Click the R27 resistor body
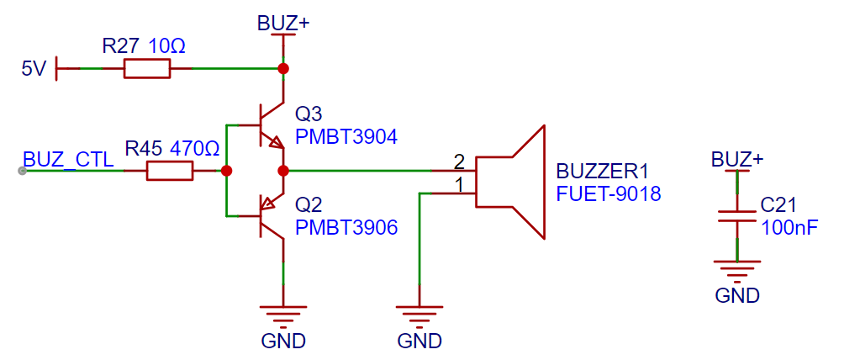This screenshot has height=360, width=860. (x=147, y=69)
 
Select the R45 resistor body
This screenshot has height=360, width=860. (x=170, y=172)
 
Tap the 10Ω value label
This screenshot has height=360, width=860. (x=166, y=46)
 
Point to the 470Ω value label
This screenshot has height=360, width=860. (x=195, y=148)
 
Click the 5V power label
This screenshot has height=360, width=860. (x=34, y=70)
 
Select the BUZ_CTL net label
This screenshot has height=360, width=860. (x=68, y=160)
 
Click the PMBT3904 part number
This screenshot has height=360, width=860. (x=346, y=136)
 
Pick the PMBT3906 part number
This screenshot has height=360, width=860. (x=346, y=227)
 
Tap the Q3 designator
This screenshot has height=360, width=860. (x=309, y=115)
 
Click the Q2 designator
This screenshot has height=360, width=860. (x=309, y=206)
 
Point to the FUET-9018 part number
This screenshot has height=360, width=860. (x=609, y=193)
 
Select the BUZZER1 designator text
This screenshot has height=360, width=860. (x=602, y=172)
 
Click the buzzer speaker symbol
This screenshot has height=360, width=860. (x=510, y=182)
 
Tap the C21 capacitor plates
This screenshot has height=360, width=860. (x=736, y=216)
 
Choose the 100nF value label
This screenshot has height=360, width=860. (x=786, y=227)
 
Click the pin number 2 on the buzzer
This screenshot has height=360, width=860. (x=460, y=161)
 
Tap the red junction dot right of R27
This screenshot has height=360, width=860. (x=283, y=69)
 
